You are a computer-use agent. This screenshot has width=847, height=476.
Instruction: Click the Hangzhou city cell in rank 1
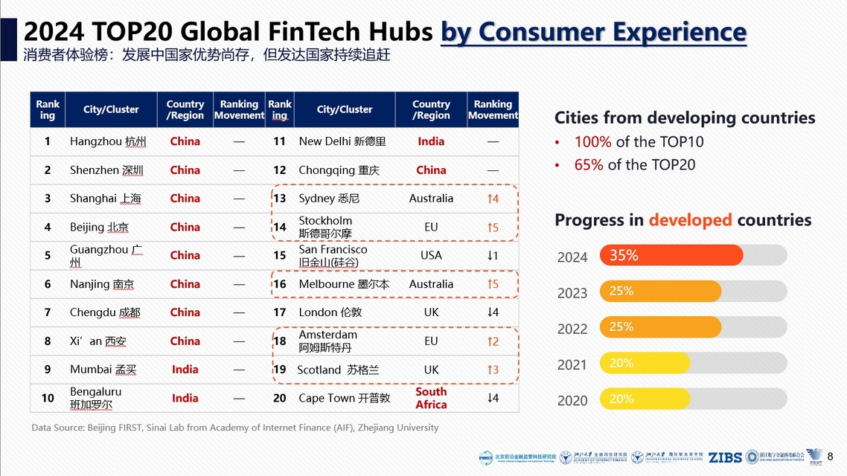coord(108,141)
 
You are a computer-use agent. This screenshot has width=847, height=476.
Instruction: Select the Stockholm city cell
coord(325,227)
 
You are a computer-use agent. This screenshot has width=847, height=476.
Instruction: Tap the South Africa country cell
coord(431,398)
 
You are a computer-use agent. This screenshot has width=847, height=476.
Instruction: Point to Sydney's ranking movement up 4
coord(493,199)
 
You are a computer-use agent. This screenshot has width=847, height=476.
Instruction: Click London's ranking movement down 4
coord(493,312)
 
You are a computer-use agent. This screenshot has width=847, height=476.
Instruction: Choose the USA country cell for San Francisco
coord(431,255)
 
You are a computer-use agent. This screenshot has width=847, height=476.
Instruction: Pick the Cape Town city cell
coord(344,398)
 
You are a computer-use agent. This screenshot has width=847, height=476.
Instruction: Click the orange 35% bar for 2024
coord(671,255)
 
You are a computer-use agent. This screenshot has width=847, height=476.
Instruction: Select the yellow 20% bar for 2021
coord(645,363)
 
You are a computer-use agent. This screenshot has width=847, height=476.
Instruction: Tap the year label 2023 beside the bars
coord(572,293)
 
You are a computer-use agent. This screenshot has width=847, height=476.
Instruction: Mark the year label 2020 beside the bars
coord(572,400)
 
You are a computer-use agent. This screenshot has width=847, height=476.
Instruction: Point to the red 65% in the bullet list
coord(589,164)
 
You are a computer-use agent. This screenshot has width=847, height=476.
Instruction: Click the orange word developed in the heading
coord(690,220)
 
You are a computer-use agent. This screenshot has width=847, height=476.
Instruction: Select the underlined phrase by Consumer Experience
coord(593,32)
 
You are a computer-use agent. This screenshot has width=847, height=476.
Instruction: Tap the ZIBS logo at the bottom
coord(724,457)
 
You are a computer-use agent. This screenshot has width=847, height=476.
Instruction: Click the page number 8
coord(831,456)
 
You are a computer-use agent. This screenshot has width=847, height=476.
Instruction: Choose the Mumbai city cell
coord(103,370)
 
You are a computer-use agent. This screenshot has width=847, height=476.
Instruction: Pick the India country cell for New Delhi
coord(431,141)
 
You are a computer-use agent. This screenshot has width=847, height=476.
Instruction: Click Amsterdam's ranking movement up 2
coord(493,341)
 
